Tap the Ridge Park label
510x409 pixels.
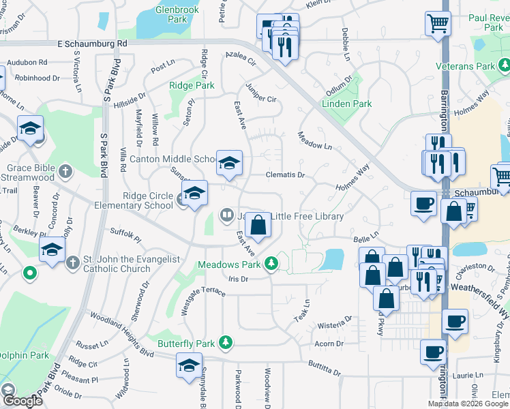click(192, 86)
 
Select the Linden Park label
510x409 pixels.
click(347, 104)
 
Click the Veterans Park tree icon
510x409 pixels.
click(503, 67)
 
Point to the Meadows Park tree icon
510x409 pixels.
click(272, 263)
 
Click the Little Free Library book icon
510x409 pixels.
click(226, 216)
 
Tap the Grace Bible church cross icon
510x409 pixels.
click(65, 170)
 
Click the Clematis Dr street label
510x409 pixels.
click(284, 175)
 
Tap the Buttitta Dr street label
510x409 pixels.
click(324, 368)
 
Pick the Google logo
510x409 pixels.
click(22, 401)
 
